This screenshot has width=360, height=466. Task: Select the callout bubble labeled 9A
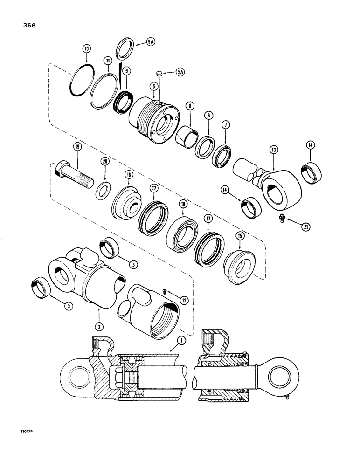coord(150,41)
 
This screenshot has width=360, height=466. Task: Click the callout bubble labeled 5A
coord(180,72)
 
